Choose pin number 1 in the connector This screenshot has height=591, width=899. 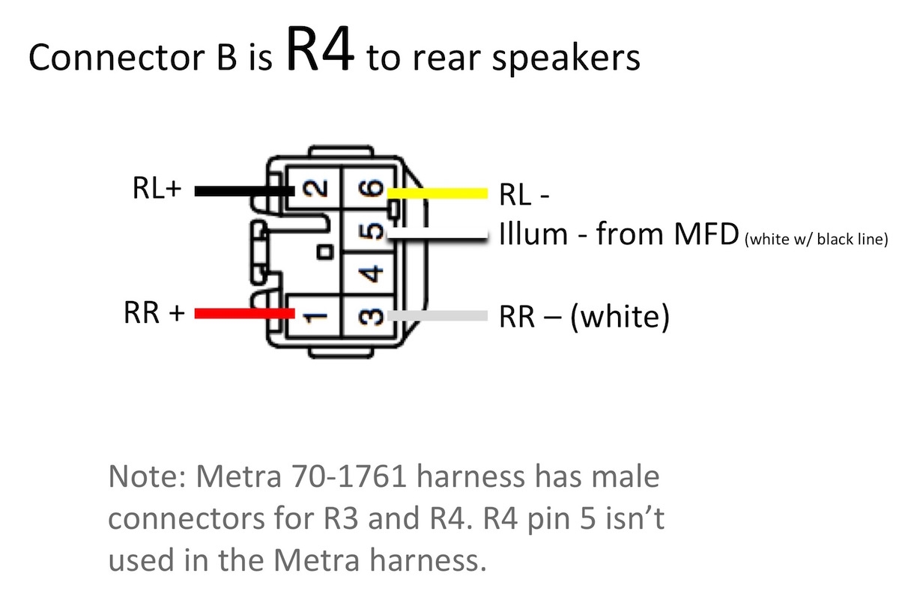click(x=319, y=315)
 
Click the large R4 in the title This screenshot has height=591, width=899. click(x=318, y=51)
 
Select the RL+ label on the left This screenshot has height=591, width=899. click(x=157, y=190)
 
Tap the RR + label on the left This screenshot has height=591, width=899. click(x=154, y=313)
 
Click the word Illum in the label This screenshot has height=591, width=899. click(x=533, y=234)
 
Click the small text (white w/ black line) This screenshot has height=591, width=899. click(x=817, y=240)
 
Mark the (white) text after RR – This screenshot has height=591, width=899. click(x=619, y=318)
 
